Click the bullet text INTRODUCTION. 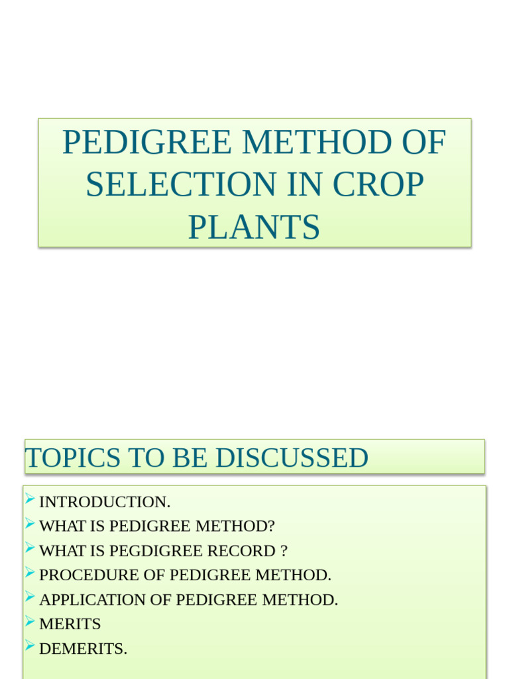pyautogui.click(x=105, y=502)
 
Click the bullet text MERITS pyautogui.click(x=70, y=624)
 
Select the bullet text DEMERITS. pyautogui.click(x=83, y=648)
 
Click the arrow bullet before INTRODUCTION pyautogui.click(x=30, y=500)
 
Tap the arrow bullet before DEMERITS pyautogui.click(x=30, y=647)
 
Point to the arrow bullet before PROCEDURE pyautogui.click(x=30, y=574)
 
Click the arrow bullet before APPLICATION pyautogui.click(x=30, y=598)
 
